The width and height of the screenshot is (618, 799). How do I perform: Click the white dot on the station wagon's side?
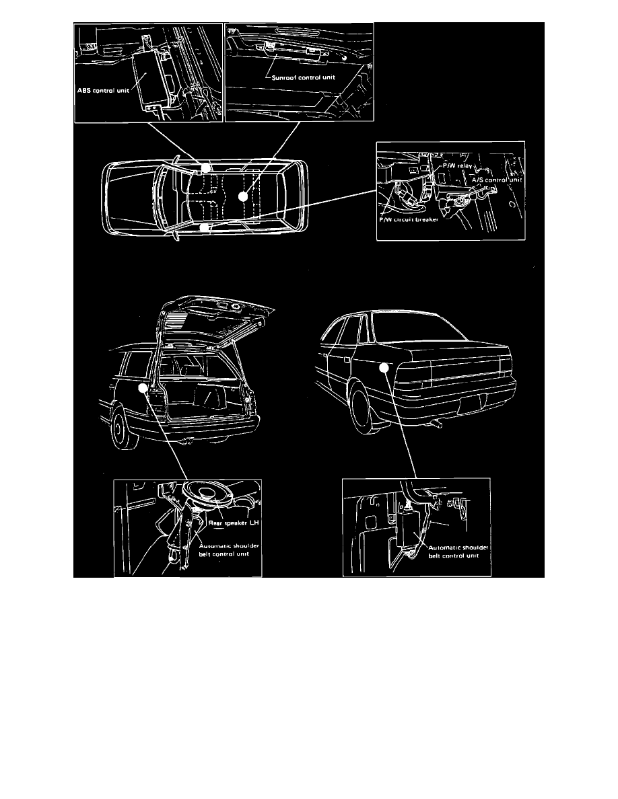(142, 389)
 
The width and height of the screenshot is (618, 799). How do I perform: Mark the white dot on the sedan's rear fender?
(384, 367)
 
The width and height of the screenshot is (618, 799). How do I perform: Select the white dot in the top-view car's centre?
(242, 196)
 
